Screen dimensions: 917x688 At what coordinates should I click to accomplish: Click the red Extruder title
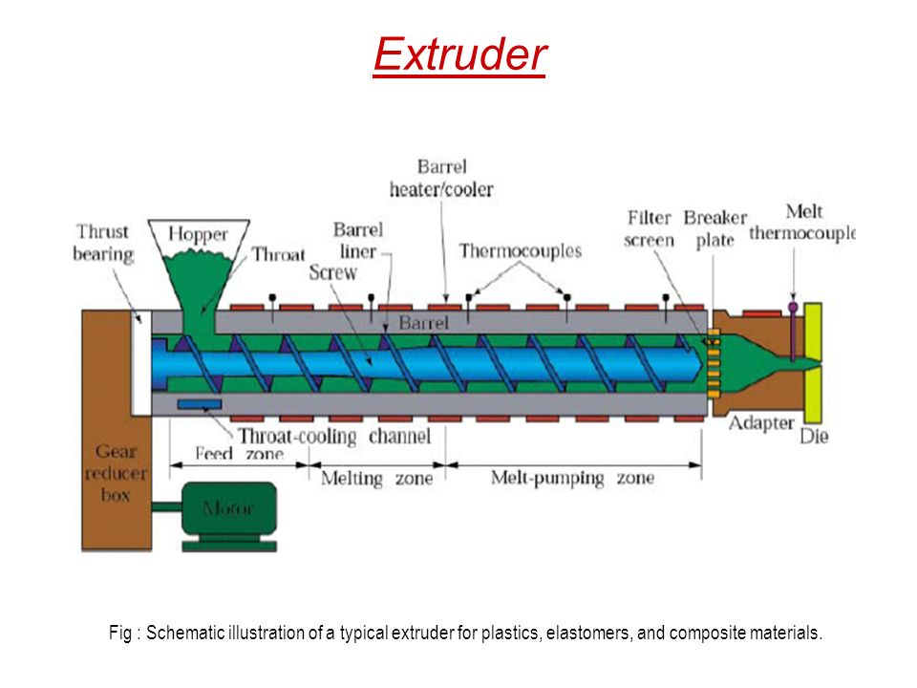pyautogui.click(x=459, y=54)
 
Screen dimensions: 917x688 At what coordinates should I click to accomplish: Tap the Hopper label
pyautogui.click(x=198, y=235)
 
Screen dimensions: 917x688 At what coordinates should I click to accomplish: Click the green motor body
pyautogui.click(x=229, y=508)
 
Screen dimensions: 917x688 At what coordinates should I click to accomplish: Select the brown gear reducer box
pyautogui.click(x=117, y=430)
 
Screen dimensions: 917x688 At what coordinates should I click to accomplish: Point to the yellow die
pyautogui.click(x=812, y=363)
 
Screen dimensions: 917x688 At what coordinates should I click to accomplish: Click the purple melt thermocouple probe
pyautogui.click(x=793, y=332)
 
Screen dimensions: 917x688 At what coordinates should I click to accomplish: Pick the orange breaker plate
pyautogui.click(x=714, y=364)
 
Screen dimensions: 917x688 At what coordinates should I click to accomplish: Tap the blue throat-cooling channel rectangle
pyautogui.click(x=200, y=404)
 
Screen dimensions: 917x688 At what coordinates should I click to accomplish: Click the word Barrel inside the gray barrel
pyautogui.click(x=423, y=322)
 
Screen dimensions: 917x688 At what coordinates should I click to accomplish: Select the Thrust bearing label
pyautogui.click(x=103, y=243)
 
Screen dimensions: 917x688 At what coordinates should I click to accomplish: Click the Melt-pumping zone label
pyautogui.click(x=572, y=478)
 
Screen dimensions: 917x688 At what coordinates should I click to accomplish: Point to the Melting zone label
pyautogui.click(x=377, y=479)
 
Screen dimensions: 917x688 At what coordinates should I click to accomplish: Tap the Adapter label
pyautogui.click(x=761, y=423)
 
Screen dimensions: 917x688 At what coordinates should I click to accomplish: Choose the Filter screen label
pyautogui.click(x=650, y=228)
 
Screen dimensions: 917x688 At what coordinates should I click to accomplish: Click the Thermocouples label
pyautogui.click(x=520, y=251)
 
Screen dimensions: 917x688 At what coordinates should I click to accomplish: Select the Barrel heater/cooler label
pyautogui.click(x=441, y=178)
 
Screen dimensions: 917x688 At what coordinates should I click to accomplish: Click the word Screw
pyautogui.click(x=332, y=272)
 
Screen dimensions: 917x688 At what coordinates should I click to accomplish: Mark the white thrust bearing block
pyautogui.click(x=141, y=363)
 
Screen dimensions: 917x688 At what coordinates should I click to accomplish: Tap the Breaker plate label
pyautogui.click(x=715, y=228)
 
